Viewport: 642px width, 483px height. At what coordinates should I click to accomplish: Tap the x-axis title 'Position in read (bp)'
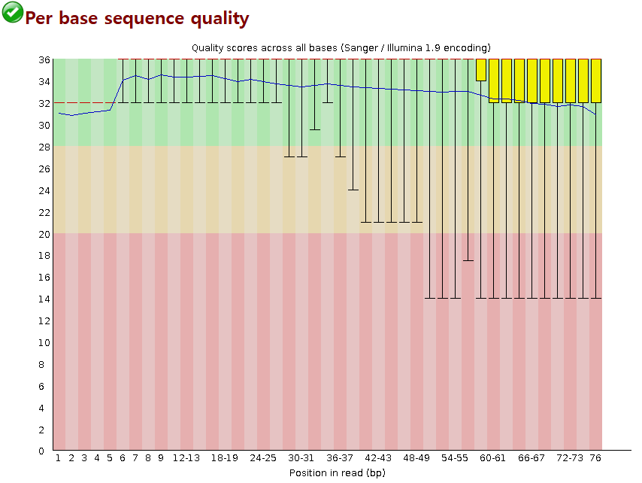click(x=328, y=472)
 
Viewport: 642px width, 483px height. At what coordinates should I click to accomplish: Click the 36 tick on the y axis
click(x=44, y=59)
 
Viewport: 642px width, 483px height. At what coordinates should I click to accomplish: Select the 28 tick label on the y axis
click(x=44, y=147)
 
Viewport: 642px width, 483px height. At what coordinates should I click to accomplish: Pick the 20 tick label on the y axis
click(x=44, y=234)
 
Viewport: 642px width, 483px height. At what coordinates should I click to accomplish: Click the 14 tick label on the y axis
click(x=44, y=299)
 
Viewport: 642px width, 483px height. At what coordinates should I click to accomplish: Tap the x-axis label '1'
click(x=59, y=457)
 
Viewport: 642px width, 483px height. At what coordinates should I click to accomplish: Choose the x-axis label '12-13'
click(x=186, y=457)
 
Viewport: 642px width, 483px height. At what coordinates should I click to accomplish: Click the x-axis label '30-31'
click(x=301, y=457)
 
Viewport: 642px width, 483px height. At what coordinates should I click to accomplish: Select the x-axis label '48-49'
click(x=416, y=457)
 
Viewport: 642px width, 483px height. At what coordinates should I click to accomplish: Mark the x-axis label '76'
click(x=595, y=457)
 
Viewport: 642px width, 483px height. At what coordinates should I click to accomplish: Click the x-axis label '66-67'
click(x=531, y=457)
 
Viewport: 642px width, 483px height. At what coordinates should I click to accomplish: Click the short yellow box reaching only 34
click(x=481, y=70)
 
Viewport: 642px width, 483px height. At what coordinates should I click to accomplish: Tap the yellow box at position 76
click(x=595, y=80)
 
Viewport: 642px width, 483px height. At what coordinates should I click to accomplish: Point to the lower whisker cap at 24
click(x=353, y=190)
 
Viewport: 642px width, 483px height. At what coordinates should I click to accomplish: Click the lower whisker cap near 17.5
click(x=468, y=260)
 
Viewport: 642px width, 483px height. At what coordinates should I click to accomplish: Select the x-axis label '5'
click(x=110, y=457)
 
